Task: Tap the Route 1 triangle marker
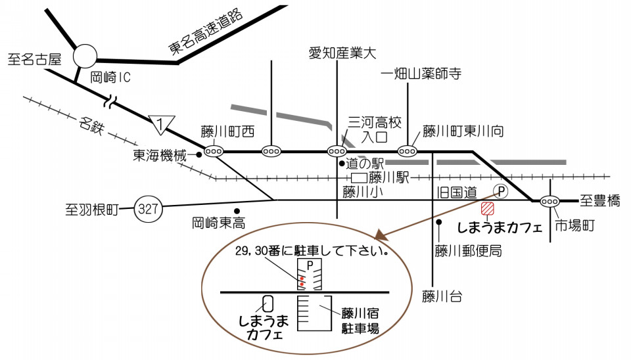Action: pos(162,124)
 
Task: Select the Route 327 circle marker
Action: pos(148,209)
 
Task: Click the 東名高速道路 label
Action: pos(206,32)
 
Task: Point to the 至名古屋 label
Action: pos(35,60)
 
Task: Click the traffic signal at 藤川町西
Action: pos(214,152)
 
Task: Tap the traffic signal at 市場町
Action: pos(549,201)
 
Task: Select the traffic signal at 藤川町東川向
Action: pos(408,151)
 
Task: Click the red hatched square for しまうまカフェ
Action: pos(487,208)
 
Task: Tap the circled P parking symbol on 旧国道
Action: pos(501,191)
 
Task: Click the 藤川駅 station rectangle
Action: pos(359,177)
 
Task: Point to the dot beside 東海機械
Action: pos(199,154)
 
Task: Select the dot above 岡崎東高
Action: pos(237,210)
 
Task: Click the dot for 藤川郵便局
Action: pos(439,221)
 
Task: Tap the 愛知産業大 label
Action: pos(342,53)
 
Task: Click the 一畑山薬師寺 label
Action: pos(421,74)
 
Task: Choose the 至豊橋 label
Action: pos(600,200)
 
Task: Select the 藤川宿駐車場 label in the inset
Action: pos(360,321)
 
